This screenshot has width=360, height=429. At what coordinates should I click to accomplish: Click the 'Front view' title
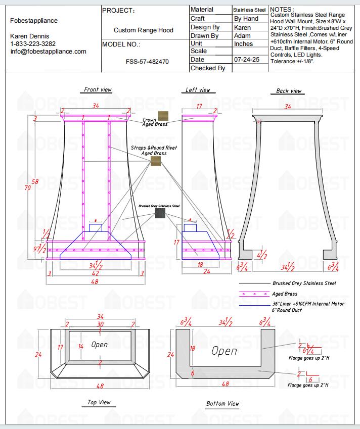pos(98,90)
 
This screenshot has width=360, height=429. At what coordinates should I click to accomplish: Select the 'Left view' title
pos(198,90)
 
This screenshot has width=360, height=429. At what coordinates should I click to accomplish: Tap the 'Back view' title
pos(289,91)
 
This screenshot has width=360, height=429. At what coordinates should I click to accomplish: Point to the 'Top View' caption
pos(99,402)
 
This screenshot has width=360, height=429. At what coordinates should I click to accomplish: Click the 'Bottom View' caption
pos(222,404)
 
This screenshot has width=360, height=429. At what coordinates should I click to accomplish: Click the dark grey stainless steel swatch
pos(160,214)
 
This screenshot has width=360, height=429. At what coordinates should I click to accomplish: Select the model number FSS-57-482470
pos(147,61)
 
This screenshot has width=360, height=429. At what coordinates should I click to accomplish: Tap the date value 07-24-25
pos(247,59)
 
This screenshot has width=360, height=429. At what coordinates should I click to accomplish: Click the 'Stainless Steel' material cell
pos(249,10)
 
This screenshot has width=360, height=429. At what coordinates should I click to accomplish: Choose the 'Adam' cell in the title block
pos(243,36)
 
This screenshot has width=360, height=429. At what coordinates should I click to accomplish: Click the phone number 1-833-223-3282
pos(33,44)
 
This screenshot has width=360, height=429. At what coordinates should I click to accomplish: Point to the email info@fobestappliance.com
pos(48,51)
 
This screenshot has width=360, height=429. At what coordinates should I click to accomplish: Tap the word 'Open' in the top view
pos(100,345)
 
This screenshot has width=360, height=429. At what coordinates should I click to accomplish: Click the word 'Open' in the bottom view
pos(224,350)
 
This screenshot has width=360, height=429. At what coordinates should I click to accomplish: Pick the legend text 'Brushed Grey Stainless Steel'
pos(304,283)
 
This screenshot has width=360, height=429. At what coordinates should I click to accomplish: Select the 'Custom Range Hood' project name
pos(144,30)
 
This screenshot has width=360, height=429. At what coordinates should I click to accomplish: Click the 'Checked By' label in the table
pos(208,68)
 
